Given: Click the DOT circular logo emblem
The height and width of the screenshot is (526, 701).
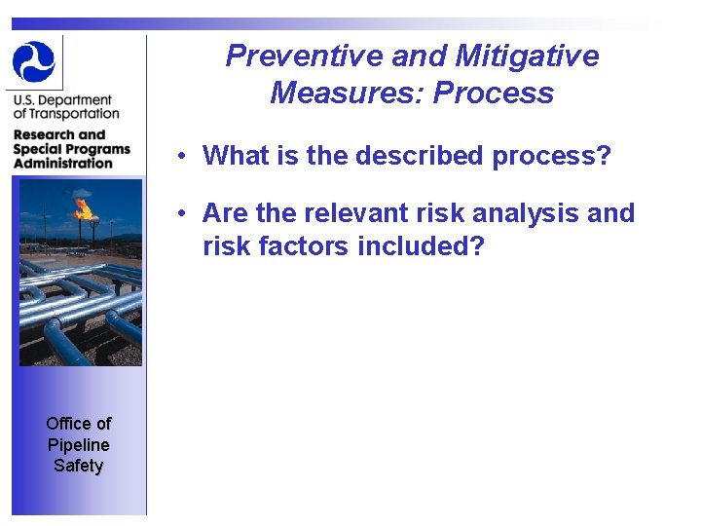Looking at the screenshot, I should point(34,61).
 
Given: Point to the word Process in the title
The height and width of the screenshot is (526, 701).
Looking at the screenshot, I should point(494,93).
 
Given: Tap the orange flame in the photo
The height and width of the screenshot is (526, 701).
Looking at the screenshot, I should point(85,207).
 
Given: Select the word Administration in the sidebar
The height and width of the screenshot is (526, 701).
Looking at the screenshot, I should point(63,163).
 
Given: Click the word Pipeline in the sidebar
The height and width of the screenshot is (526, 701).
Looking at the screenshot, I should point(79,444).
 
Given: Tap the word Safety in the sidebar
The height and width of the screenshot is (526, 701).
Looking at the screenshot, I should point(79,466).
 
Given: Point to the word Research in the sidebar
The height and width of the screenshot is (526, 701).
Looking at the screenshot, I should point(45,134).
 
